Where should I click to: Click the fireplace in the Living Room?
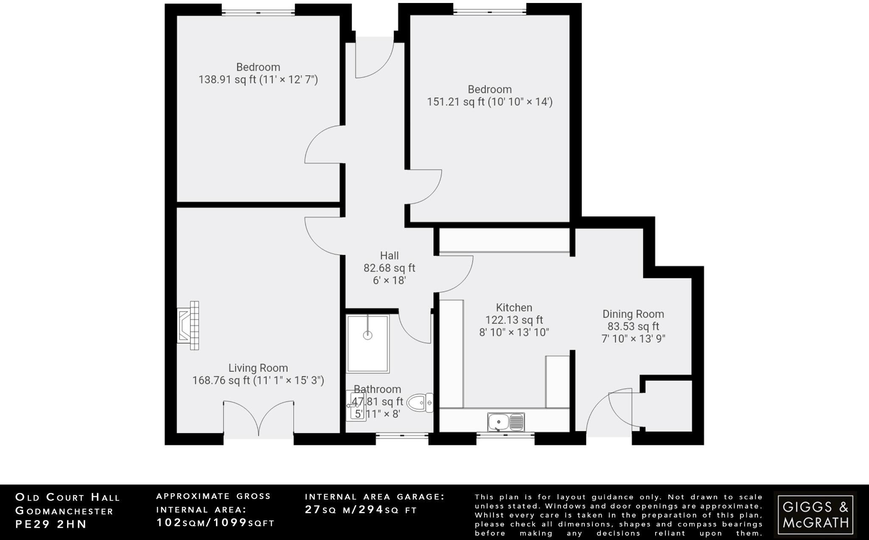coord(188,326)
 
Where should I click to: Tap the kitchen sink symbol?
coord(506,422)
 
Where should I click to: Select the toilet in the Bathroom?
coord(420,402)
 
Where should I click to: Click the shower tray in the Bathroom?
coord(367,343)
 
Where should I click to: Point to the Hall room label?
coord(389,256)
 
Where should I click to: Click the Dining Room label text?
coord(633,314)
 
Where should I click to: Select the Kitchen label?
coord(514,307)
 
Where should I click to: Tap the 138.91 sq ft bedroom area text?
coord(258,79)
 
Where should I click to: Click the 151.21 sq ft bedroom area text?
coord(489,102)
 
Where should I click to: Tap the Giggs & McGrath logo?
coord(815,514)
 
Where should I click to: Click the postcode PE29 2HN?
coord(51,524)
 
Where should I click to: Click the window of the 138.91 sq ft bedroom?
coord(258,12)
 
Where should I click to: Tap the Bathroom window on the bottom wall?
coord(402,436)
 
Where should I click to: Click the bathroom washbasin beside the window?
coord(355,405)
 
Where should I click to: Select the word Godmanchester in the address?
coord(64,511)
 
